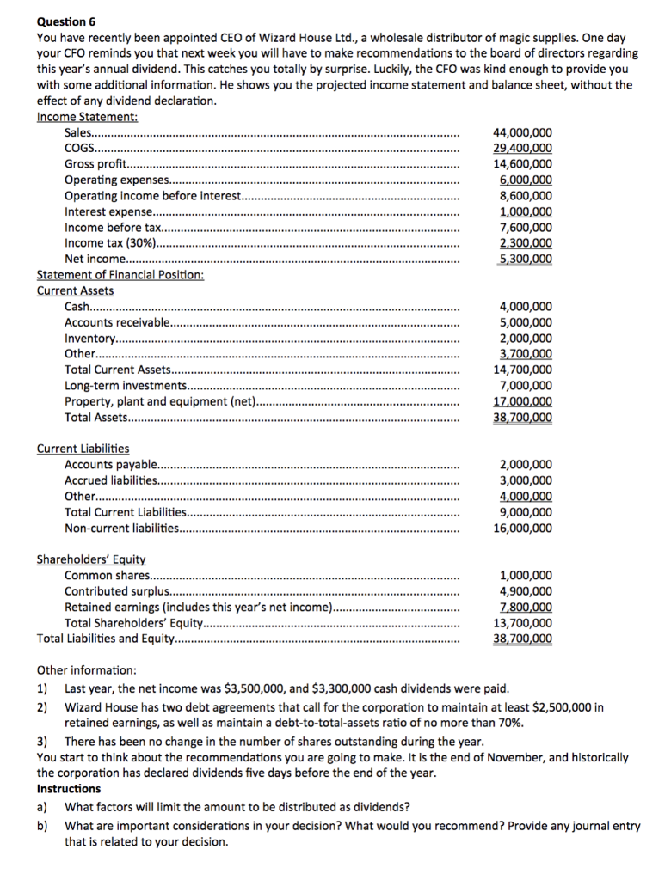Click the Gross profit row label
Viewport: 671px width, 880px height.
95,164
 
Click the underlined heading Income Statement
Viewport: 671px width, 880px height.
87,117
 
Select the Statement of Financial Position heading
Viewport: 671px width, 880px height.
120,275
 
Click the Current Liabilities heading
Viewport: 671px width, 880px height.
83,449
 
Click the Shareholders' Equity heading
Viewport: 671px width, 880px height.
91,559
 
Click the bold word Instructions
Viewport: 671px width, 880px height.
69,789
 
